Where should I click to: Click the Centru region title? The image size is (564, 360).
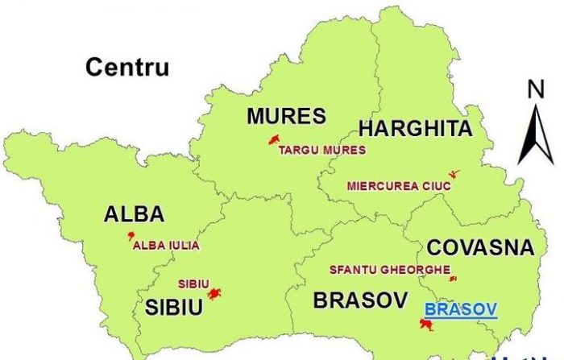(x=127, y=67)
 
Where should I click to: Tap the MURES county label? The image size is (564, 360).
(x=286, y=116)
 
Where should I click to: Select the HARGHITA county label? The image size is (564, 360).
(x=414, y=129)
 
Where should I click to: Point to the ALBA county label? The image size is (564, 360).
(x=134, y=214)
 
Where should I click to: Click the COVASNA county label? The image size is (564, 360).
(x=480, y=247)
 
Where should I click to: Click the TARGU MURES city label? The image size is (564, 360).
(x=322, y=150)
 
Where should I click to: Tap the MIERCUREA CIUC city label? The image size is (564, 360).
(x=399, y=185)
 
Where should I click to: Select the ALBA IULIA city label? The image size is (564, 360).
(x=166, y=246)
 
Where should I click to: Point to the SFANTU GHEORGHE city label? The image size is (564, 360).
(x=389, y=270)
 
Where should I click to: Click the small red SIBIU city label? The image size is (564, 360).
(x=193, y=283)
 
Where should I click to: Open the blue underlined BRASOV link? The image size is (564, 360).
(x=460, y=308)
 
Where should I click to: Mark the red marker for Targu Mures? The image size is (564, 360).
(x=275, y=139)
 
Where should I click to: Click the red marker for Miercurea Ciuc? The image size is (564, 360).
(x=454, y=174)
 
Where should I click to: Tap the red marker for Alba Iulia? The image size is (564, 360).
(x=130, y=235)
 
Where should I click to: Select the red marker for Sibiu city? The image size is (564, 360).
(x=214, y=294)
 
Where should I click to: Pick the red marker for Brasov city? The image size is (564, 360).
(x=426, y=324)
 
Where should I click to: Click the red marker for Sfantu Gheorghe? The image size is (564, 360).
(x=453, y=279)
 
